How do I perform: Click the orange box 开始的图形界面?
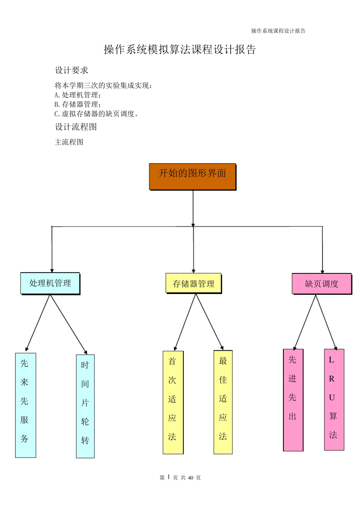[x=193, y=176]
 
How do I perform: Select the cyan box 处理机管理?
[x=50, y=283]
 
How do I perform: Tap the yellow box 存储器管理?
[x=193, y=283]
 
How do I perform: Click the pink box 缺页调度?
[x=321, y=284]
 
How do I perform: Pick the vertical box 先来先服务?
[x=25, y=405]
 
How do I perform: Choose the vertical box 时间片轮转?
[x=85, y=406]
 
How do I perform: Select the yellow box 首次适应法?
[x=173, y=402]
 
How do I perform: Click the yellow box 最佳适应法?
[x=223, y=402]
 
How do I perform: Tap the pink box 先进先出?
[x=293, y=400]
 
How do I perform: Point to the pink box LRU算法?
[x=334, y=399]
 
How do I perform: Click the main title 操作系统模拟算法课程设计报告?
[x=180, y=50]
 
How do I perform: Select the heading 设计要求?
[x=72, y=70]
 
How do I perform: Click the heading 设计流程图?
[x=76, y=127]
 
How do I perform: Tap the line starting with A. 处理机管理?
[x=78, y=95]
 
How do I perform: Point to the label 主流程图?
[x=69, y=142]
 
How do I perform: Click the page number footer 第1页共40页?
[x=180, y=478]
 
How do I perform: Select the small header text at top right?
[x=278, y=31]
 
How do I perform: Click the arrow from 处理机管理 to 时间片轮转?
[x=69, y=324]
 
